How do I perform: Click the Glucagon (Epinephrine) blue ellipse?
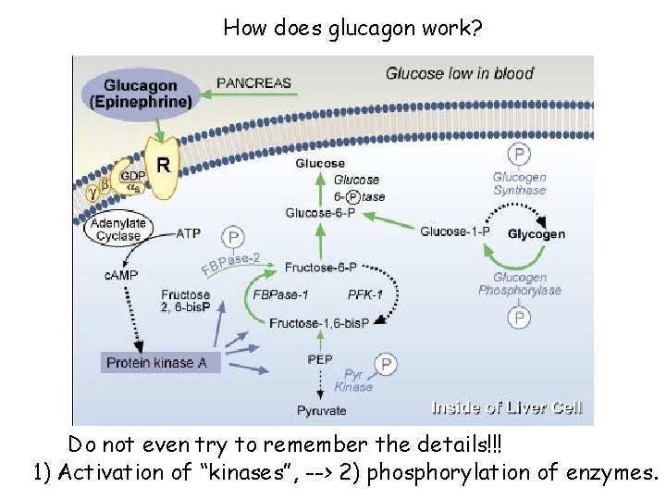click(x=142, y=94)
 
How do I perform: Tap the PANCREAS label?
click(x=253, y=82)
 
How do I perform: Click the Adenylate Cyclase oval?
click(x=118, y=230)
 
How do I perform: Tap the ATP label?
click(x=188, y=233)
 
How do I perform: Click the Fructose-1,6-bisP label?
click(x=319, y=322)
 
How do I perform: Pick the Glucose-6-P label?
click(x=323, y=212)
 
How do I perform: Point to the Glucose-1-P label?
click(x=454, y=231)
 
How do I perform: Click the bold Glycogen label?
click(x=536, y=234)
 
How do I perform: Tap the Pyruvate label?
click(x=322, y=410)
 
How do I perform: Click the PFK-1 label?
click(x=365, y=294)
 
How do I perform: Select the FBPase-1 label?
click(x=280, y=294)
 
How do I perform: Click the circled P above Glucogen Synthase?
click(x=521, y=154)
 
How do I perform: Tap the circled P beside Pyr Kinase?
click(x=386, y=364)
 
